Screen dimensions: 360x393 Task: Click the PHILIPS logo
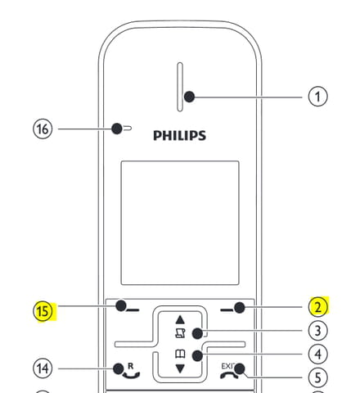(179, 136)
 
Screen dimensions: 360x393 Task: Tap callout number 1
(317, 97)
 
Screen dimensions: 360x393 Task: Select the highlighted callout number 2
(318, 307)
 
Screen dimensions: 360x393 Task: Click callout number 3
(318, 331)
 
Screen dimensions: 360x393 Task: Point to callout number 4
(318, 355)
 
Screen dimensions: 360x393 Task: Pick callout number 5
(318, 378)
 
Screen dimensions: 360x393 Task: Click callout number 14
(43, 368)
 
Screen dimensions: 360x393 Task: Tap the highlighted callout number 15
(43, 311)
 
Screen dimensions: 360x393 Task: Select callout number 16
(43, 129)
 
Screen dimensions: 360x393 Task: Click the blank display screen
(180, 223)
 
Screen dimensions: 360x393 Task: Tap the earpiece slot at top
(180, 87)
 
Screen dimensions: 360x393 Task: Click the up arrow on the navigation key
(180, 319)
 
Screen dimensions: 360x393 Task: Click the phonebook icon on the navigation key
(180, 355)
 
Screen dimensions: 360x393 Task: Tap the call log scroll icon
(180, 333)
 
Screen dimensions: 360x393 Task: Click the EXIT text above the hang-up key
(227, 366)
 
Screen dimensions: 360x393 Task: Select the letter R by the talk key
(131, 366)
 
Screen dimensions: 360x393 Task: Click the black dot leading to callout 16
(117, 129)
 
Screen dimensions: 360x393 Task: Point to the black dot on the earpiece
(189, 97)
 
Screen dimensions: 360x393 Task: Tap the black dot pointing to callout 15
(121, 305)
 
